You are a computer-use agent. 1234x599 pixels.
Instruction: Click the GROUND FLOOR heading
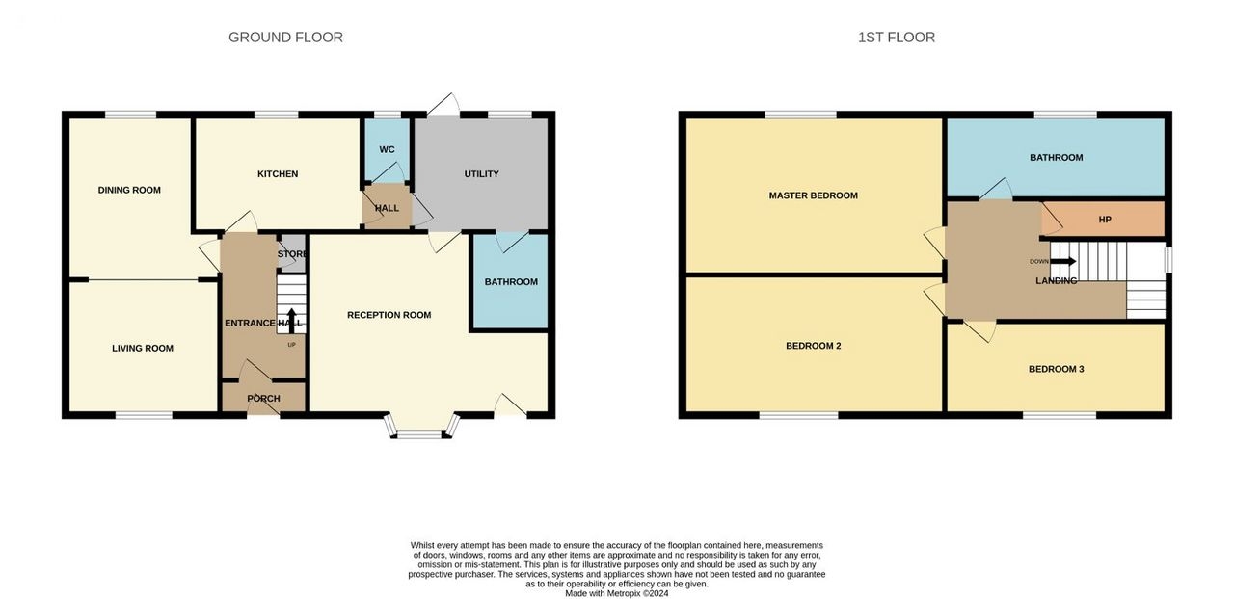point(285,38)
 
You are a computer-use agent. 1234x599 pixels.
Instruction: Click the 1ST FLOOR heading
point(897,38)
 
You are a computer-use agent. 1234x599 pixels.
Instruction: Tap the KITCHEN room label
point(278,174)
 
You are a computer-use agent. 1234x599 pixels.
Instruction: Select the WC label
point(387,150)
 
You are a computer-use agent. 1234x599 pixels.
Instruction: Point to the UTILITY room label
point(481,174)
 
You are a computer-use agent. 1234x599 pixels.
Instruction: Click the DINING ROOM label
point(129,190)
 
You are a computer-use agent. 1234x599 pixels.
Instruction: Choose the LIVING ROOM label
point(143,348)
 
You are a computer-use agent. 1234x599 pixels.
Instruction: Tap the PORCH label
point(263,398)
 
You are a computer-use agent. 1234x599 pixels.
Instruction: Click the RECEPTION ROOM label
point(389,315)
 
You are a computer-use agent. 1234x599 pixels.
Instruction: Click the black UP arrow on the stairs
point(291,321)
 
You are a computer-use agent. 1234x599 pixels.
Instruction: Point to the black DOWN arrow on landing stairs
point(1063,262)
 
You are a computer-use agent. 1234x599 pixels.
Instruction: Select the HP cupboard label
point(1105,220)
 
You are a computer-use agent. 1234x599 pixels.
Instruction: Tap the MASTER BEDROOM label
point(813,195)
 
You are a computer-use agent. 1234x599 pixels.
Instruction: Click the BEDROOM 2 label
point(813,346)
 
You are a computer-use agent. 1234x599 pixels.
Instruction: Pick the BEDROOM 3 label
point(1056,369)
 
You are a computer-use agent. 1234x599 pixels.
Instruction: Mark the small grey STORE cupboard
point(292,253)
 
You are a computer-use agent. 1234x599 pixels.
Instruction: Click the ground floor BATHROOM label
point(511,282)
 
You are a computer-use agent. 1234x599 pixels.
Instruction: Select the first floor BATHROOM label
point(1056,158)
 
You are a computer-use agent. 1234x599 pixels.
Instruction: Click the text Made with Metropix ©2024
point(616,593)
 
